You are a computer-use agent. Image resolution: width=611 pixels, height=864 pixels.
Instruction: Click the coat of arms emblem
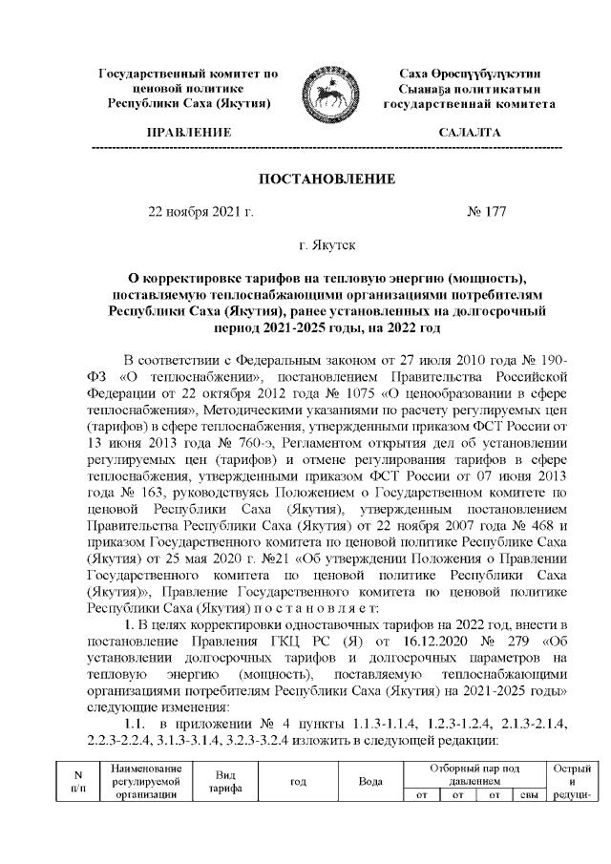pos(327,88)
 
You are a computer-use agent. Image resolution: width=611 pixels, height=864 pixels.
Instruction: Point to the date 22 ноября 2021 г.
pos(200,212)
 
